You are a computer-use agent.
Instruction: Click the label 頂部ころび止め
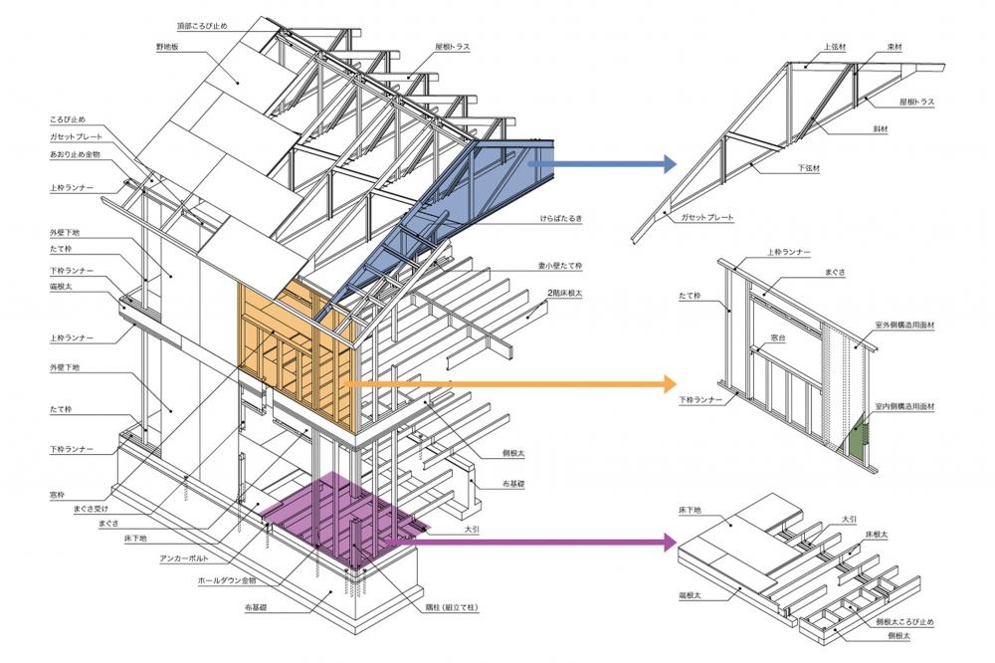(x=205, y=23)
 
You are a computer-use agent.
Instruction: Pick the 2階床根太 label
(x=570, y=294)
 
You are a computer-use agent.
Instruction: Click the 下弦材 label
(x=809, y=168)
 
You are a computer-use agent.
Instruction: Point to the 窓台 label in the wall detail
(x=780, y=339)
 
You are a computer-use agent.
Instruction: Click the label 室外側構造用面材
(x=905, y=326)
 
